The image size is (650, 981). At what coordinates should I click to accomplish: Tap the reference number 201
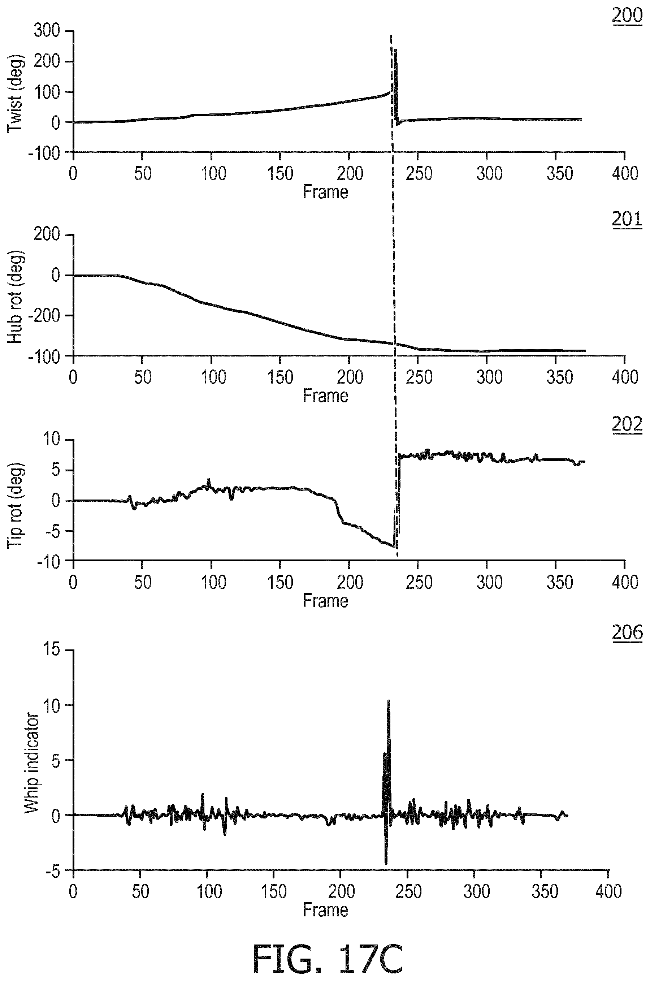(x=627, y=219)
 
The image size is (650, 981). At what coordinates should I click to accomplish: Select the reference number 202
(x=627, y=424)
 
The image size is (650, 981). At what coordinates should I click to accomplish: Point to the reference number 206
(x=627, y=632)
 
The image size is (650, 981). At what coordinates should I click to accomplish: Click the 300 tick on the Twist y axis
(x=47, y=31)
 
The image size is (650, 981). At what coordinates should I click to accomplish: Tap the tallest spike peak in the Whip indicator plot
(x=389, y=701)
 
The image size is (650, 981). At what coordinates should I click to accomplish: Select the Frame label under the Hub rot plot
(x=325, y=395)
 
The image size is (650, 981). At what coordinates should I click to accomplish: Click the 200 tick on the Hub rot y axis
(x=47, y=235)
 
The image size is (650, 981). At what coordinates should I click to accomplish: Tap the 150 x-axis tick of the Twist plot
(x=280, y=173)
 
